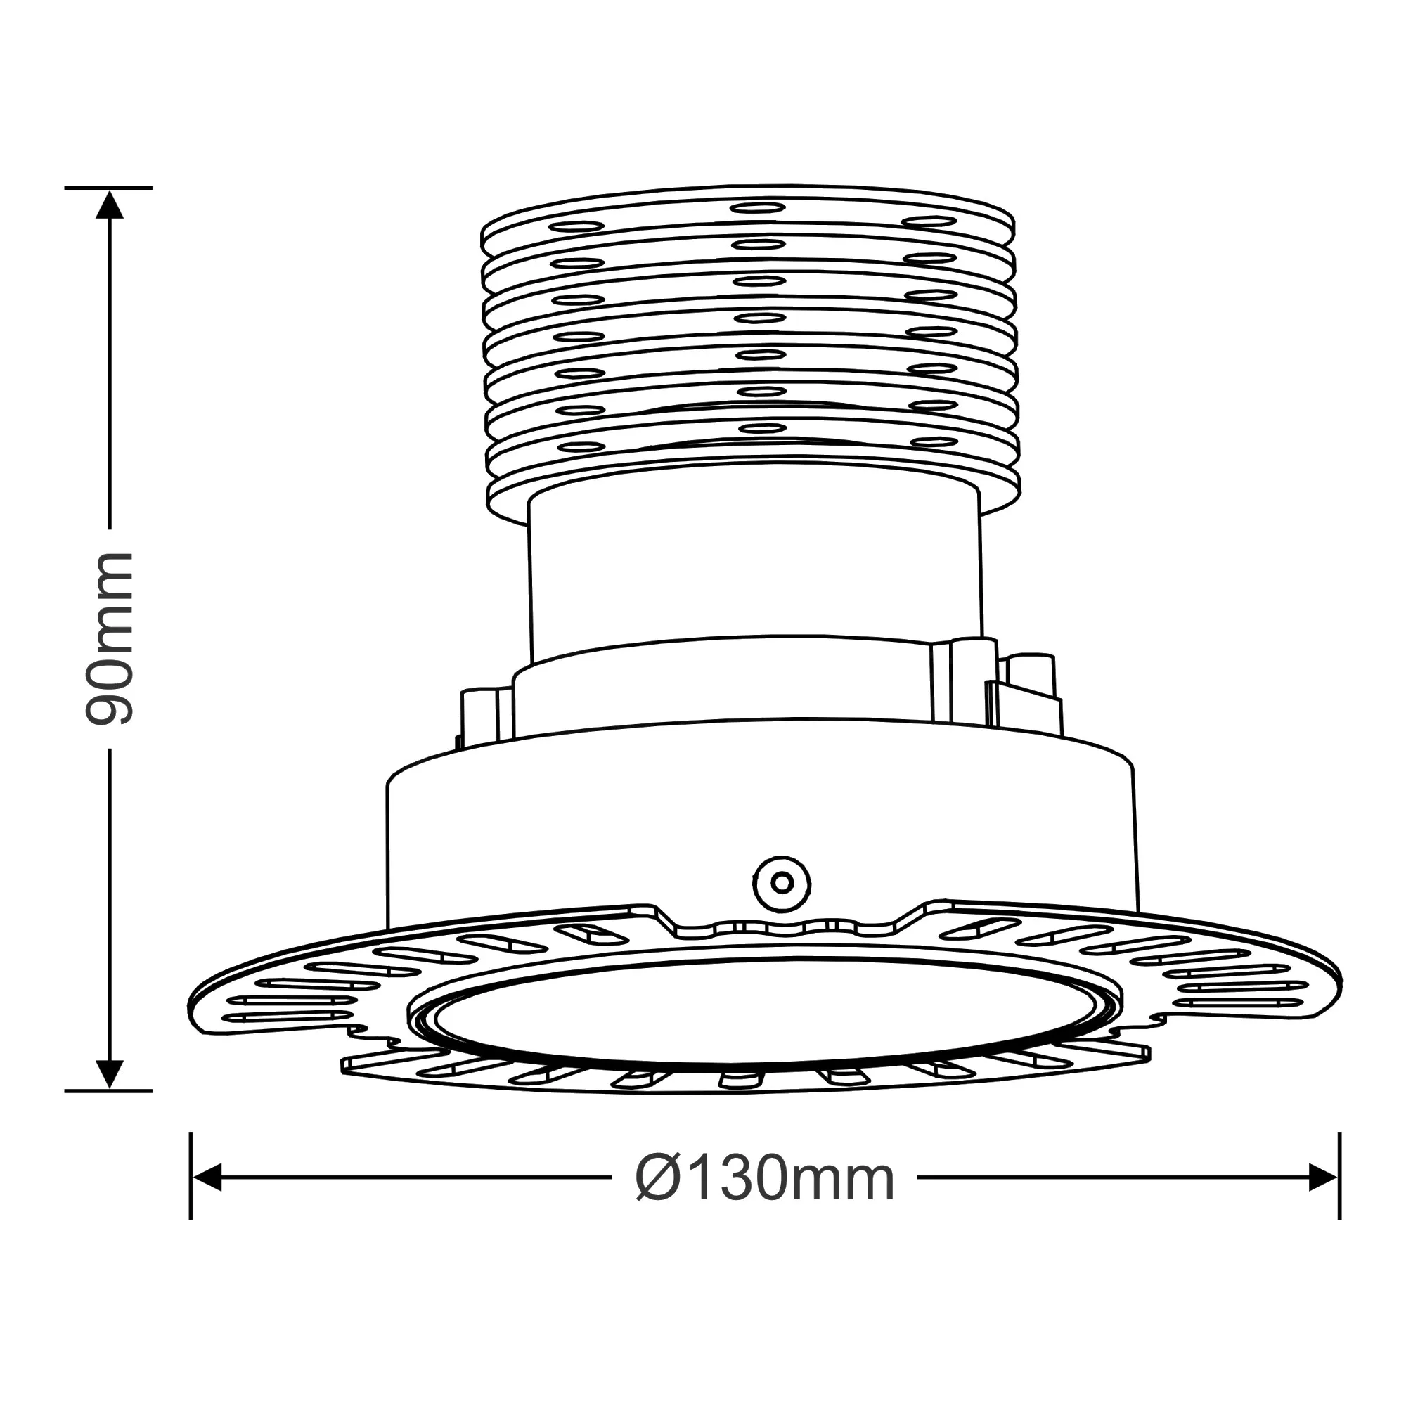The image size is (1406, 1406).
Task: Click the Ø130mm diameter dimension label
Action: (764, 1180)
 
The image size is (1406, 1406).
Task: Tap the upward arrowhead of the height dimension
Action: (109, 205)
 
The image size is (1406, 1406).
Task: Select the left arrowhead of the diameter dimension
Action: (207, 1178)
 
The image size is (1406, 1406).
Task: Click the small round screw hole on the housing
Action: (782, 884)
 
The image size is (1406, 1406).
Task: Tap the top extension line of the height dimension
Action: (109, 187)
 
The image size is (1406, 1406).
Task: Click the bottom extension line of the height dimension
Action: (109, 1091)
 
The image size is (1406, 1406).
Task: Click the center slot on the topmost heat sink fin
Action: (758, 207)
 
